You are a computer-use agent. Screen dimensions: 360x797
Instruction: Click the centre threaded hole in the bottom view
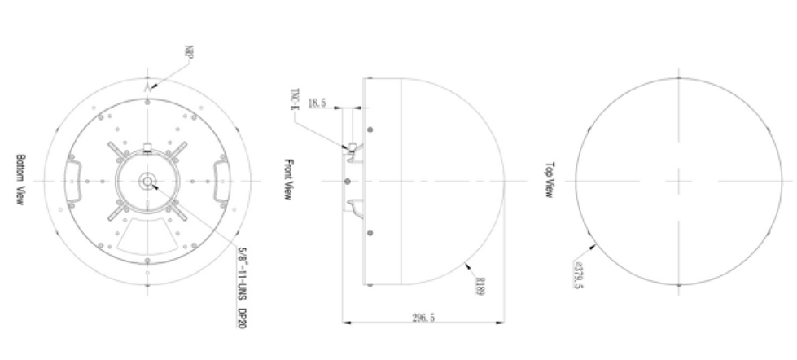(x=148, y=180)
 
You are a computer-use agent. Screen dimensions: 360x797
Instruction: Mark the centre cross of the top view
(x=679, y=181)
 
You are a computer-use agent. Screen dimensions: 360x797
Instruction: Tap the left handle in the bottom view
(x=74, y=180)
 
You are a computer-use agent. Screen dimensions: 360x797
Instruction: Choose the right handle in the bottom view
(x=222, y=180)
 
